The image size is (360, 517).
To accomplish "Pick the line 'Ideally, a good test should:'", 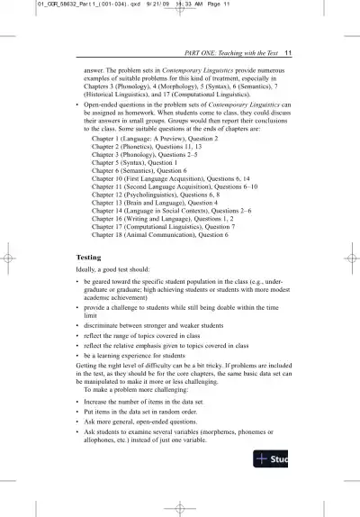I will point(121,271).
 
